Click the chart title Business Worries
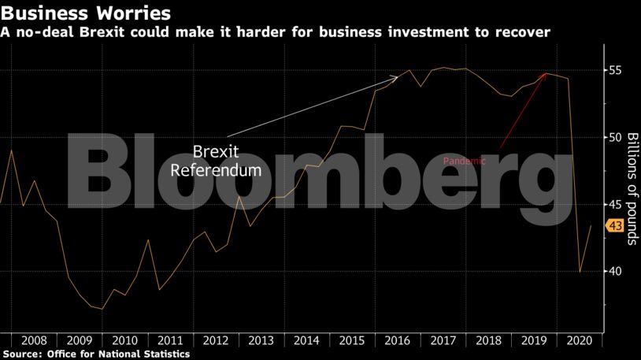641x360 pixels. [86, 13]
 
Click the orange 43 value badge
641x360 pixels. [613, 226]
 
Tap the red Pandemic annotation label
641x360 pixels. [465, 161]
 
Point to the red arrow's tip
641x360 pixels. [547, 73]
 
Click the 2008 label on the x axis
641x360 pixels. [34, 340]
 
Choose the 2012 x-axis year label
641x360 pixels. [216, 340]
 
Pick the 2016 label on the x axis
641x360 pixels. [398, 340]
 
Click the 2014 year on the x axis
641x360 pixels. [306, 340]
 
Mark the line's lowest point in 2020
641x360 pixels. [580, 272]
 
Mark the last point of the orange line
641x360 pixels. [591, 225]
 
